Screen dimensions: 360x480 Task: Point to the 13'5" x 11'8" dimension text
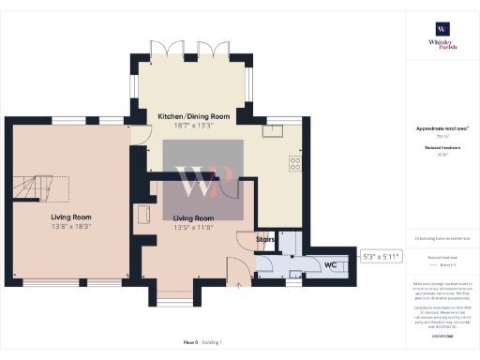(194, 226)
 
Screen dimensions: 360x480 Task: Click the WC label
(330, 265)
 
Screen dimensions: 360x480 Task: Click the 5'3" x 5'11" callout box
(381, 256)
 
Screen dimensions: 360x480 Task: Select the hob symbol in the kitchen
(294, 163)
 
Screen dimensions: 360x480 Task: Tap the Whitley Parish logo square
(441, 28)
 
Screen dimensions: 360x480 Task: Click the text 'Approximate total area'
(439, 128)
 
